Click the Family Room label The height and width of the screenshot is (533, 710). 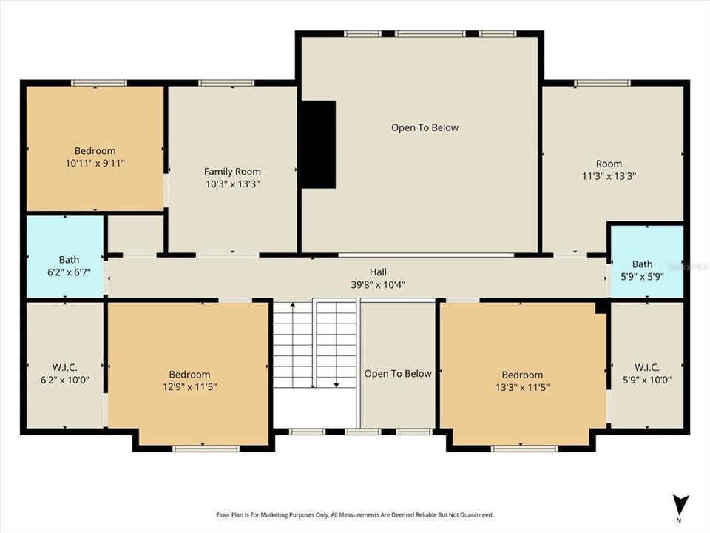point(232,172)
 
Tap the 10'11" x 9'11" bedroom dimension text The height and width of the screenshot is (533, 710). point(95,163)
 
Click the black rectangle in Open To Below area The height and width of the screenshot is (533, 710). point(317,144)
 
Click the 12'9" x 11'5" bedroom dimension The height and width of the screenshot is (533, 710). point(189,386)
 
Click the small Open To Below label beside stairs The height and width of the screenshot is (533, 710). point(397,374)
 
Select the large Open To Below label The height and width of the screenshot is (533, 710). point(425,127)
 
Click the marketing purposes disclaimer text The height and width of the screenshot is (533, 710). point(354,514)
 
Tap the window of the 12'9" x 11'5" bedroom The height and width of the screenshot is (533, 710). point(195,449)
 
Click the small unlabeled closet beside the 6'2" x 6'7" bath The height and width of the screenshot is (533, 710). point(135,235)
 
